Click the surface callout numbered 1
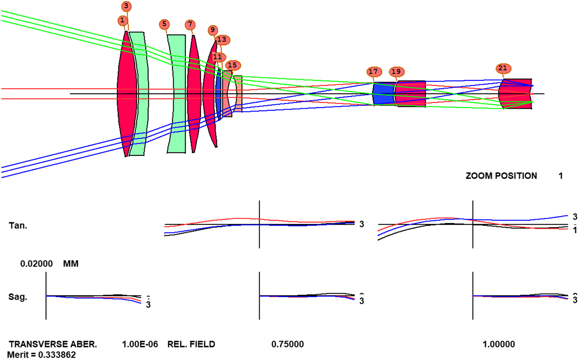(122, 20)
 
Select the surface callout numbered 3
(126, 6)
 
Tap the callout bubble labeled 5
(164, 24)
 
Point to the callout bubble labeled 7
(190, 25)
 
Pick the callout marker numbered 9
(213, 30)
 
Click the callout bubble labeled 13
(222, 40)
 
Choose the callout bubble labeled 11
(218, 57)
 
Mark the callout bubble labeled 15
(233, 65)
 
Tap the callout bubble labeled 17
(373, 72)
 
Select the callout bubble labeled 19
(396, 72)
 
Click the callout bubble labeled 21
(503, 68)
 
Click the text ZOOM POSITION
(501, 176)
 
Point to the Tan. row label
(18, 226)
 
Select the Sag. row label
(18, 297)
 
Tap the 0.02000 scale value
(37, 264)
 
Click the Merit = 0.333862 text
(42, 355)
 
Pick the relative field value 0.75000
(288, 344)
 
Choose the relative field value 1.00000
(498, 344)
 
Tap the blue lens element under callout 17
(383, 94)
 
